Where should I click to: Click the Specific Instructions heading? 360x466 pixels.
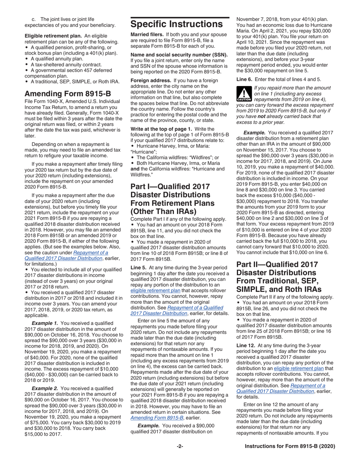[176, 24]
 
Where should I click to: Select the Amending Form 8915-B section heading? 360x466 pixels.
[68, 94]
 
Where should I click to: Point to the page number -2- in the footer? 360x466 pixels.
[180, 446]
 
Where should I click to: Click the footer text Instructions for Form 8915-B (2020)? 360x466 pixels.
[290, 446]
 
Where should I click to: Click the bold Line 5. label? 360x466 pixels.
[139, 267]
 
